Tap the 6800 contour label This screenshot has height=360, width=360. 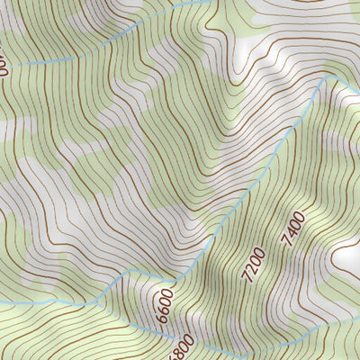(180, 344)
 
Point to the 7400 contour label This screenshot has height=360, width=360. (292, 229)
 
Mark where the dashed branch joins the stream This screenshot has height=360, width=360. (130, 271)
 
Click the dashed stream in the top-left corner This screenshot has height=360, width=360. (54, 61)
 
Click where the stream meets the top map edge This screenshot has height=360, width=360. (216, 2)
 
